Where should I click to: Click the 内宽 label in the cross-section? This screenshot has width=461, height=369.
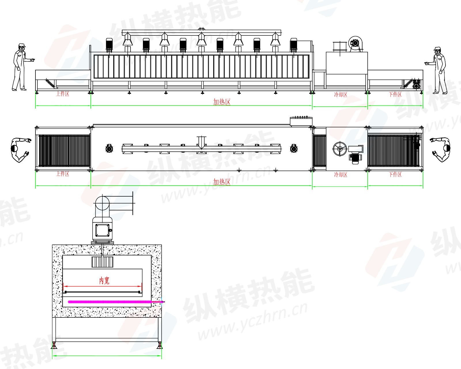(104, 280)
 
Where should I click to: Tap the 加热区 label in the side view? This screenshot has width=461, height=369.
(222, 102)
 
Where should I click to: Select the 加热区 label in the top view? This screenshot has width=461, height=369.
(222, 182)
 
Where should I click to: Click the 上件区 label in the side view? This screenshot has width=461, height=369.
(63, 94)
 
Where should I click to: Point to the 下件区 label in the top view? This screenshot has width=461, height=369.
(395, 174)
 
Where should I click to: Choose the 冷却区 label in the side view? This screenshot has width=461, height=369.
(341, 95)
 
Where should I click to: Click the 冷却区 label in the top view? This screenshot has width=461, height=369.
(341, 174)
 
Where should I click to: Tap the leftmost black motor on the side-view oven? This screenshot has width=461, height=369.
(109, 44)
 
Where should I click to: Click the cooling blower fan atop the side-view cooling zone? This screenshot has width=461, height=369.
(355, 44)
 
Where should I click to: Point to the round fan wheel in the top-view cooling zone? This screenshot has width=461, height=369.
(340, 149)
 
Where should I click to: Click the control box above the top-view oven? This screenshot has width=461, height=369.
(301, 121)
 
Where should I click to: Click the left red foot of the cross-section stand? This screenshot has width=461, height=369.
(54, 345)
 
